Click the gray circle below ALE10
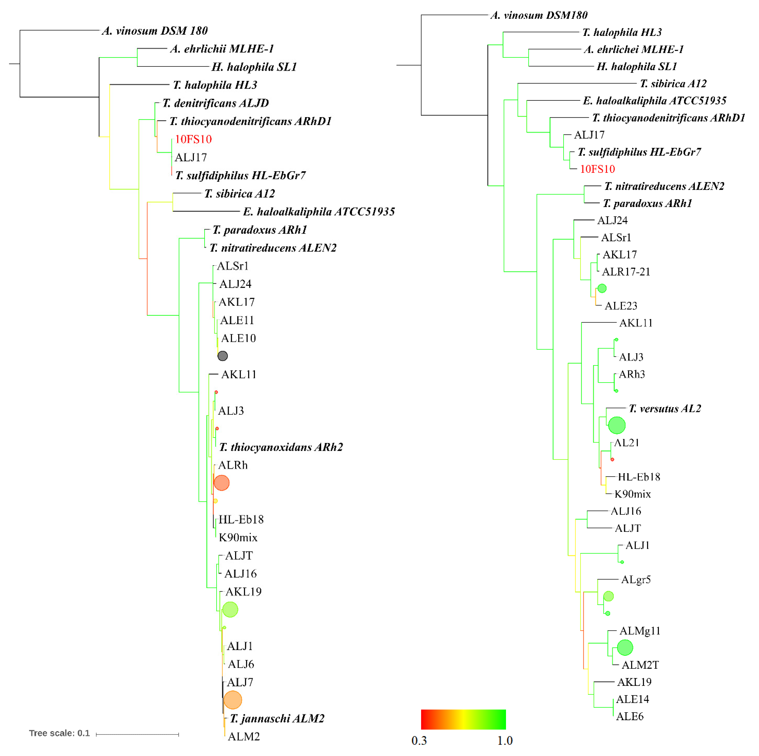coord(222,356)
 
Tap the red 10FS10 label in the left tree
coord(193,139)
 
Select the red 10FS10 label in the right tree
coord(597,169)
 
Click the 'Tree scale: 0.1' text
coord(59,733)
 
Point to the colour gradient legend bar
coord(463,719)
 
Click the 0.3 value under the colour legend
coord(419,741)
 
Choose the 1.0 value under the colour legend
coord(505,741)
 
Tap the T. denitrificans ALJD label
coord(216,103)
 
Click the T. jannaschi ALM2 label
coord(277,719)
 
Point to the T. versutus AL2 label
coord(665,409)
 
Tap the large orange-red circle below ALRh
coord(222,483)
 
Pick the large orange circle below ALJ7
coord(233,700)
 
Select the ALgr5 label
coord(636,580)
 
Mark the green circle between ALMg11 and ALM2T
coord(625,648)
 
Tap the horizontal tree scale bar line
coord(137,734)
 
